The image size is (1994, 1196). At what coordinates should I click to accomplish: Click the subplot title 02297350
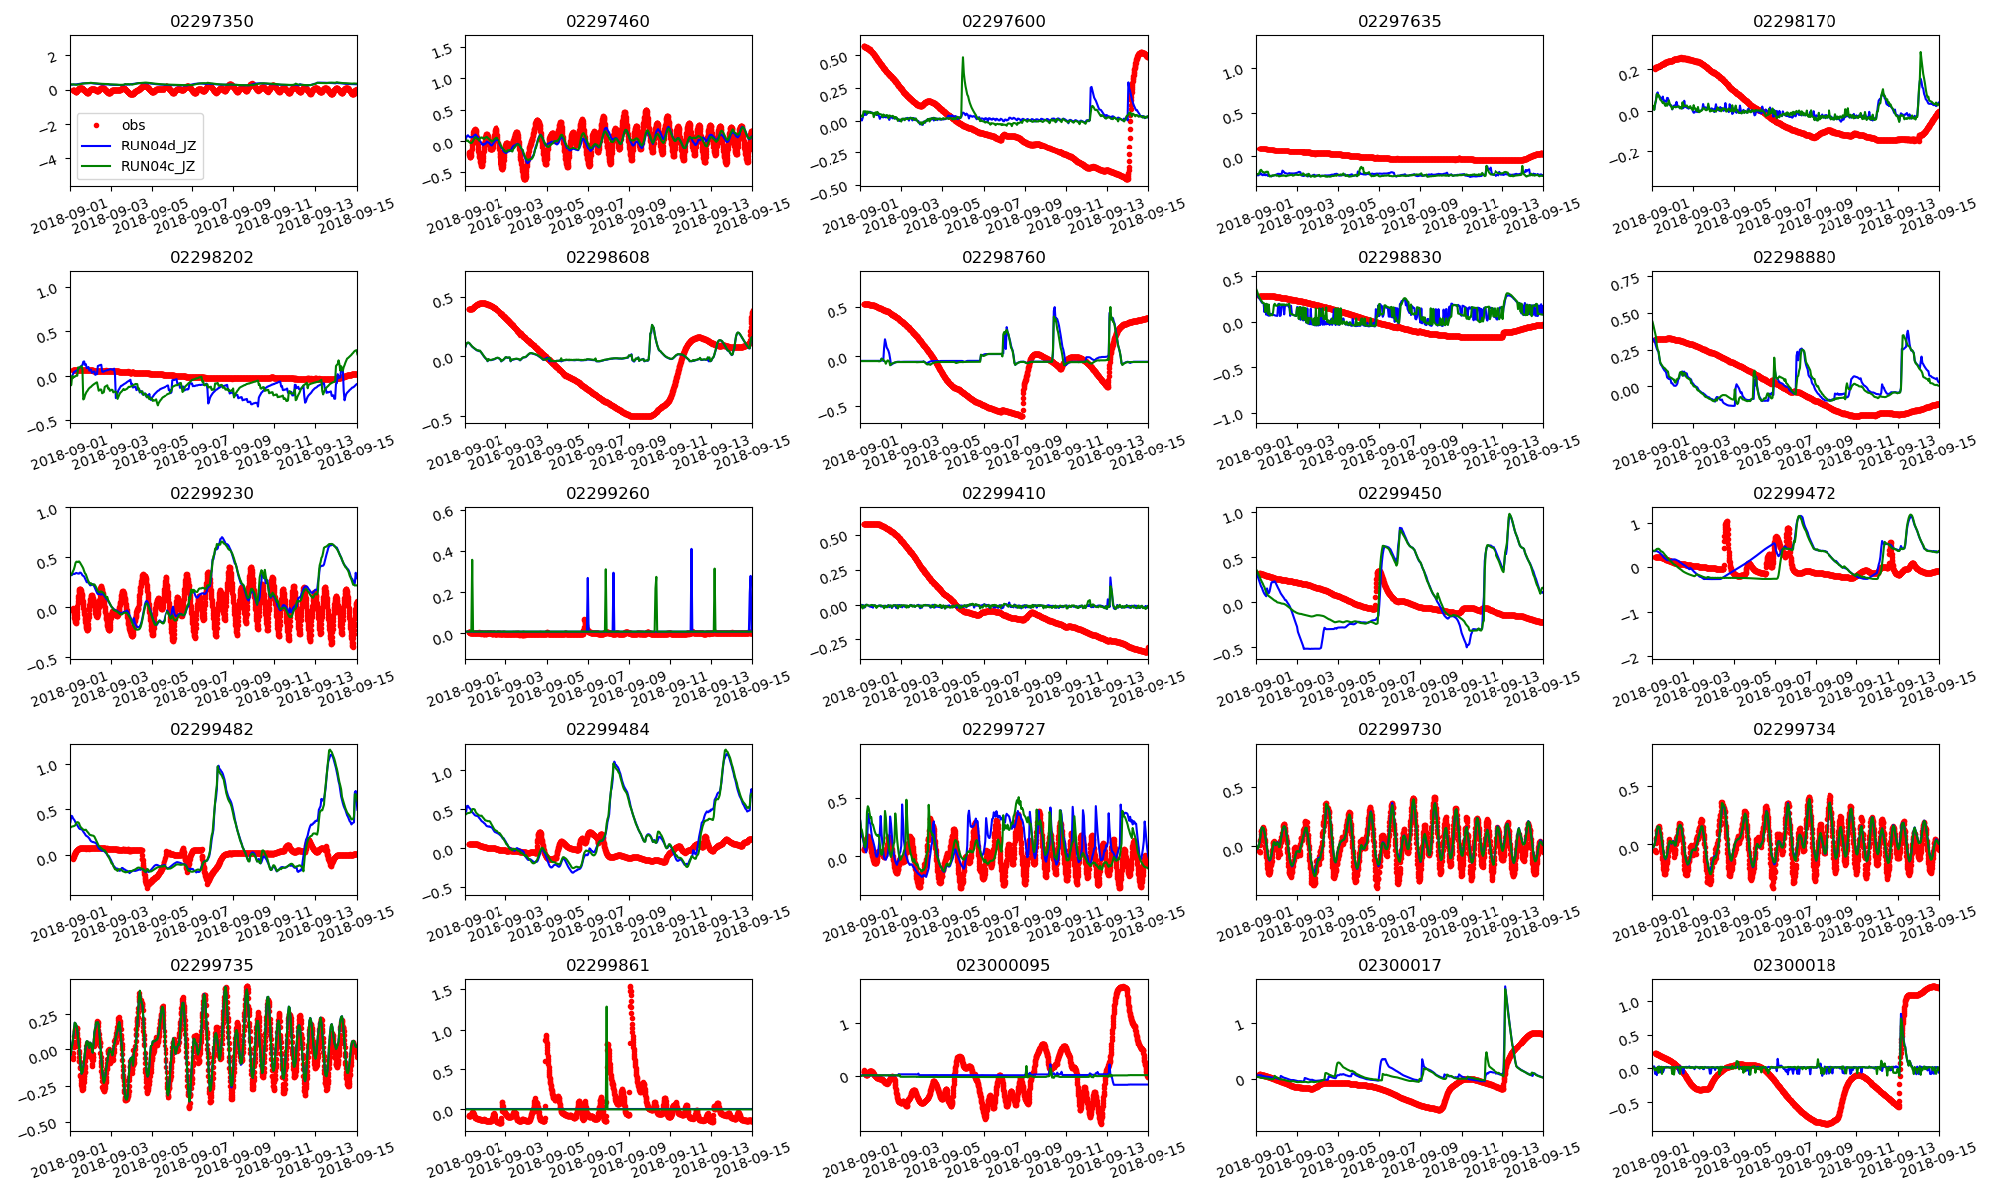[212, 21]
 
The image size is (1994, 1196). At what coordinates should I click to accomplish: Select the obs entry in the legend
[133, 125]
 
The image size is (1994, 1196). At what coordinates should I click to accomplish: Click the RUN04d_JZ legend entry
[158, 146]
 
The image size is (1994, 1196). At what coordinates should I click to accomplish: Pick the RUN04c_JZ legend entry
[158, 166]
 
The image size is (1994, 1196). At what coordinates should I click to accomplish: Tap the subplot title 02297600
[1003, 21]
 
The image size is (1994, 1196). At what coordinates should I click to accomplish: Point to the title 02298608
[608, 257]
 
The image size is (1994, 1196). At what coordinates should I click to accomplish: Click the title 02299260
[608, 493]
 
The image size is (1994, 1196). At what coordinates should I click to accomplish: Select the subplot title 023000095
[1003, 965]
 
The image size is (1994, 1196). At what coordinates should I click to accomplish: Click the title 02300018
[1795, 965]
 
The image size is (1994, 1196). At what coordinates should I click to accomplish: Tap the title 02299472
[1795, 493]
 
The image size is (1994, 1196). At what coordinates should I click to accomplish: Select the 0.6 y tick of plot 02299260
[442, 513]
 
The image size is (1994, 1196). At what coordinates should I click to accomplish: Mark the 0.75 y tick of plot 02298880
[1625, 283]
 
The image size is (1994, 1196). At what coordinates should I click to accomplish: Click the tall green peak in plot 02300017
[1505, 988]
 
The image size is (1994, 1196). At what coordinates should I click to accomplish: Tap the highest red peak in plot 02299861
[630, 988]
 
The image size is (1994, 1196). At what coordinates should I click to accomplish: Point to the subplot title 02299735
[212, 965]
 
